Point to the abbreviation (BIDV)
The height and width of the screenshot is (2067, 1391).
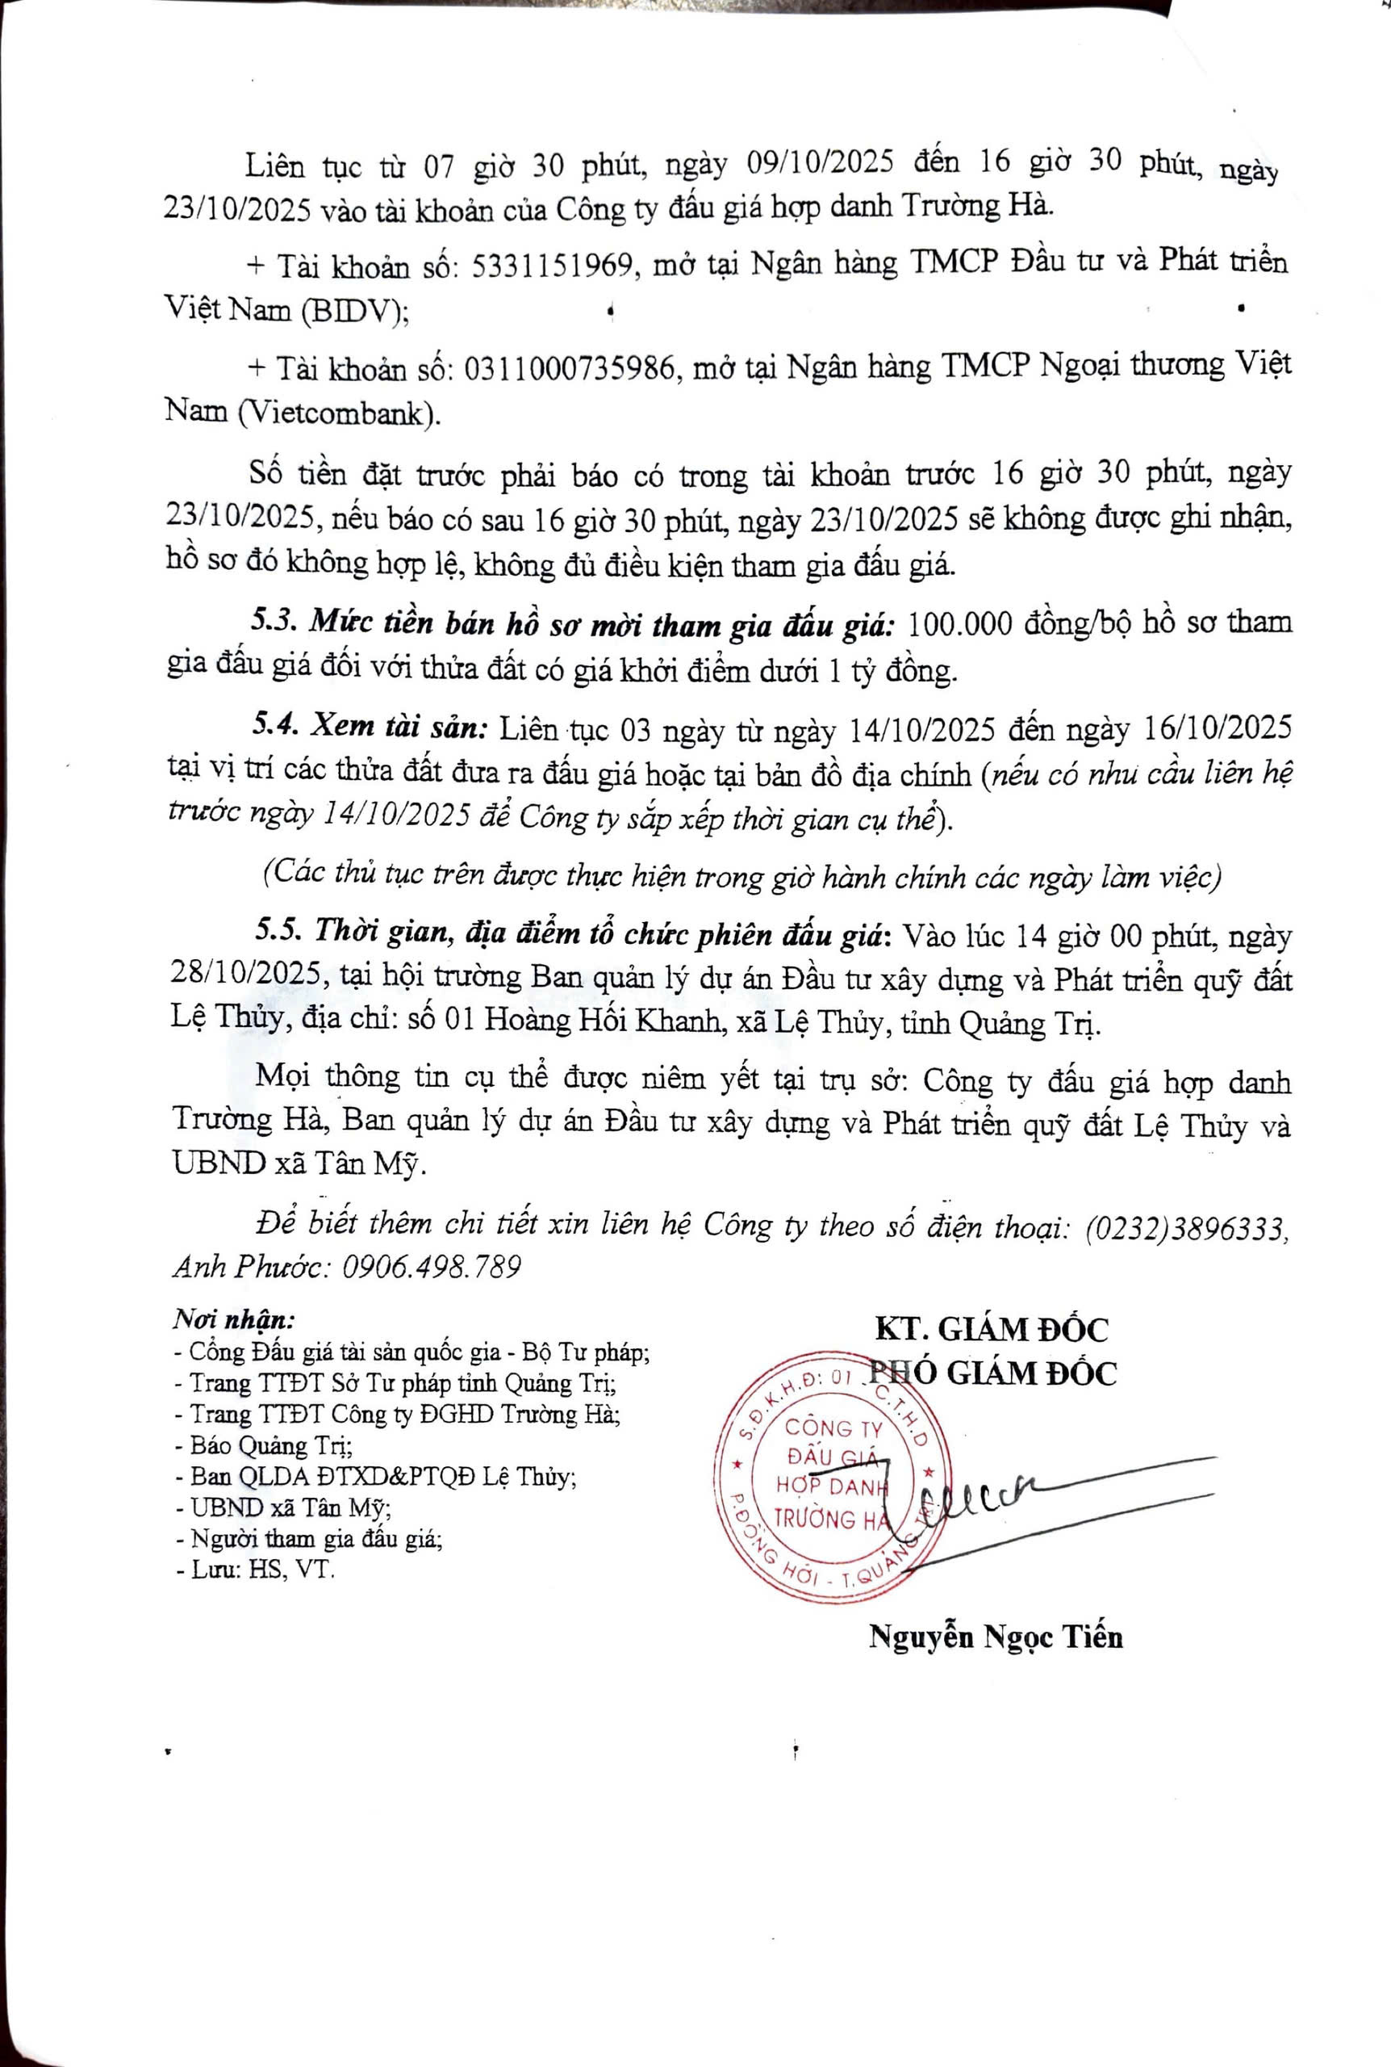(354, 311)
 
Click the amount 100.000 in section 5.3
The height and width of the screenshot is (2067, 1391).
(955, 623)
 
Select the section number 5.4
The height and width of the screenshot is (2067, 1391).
(276, 726)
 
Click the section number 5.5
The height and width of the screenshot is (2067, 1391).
(279, 933)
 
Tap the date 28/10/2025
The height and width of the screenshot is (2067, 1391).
(246, 975)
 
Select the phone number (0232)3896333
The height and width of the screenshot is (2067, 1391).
(1184, 1227)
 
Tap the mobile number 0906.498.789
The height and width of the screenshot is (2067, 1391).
(431, 1267)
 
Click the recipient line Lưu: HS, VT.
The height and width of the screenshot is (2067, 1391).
(257, 1569)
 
